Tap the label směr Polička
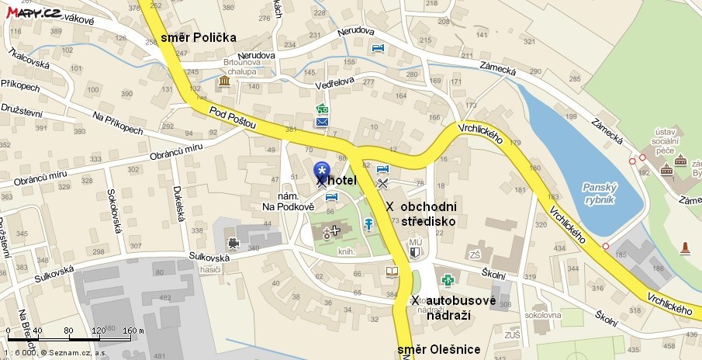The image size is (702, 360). pyautogui.click(x=198, y=37)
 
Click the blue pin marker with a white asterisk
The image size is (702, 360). pyautogui.click(x=321, y=170)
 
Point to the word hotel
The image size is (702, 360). pyautogui.click(x=342, y=180)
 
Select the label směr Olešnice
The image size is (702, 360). pyautogui.click(x=438, y=350)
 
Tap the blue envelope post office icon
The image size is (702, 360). pyautogui.click(x=322, y=122)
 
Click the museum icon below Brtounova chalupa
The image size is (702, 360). pyautogui.click(x=223, y=81)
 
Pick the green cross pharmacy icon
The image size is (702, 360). pyautogui.click(x=447, y=280)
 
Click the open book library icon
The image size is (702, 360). pyautogui.click(x=392, y=272)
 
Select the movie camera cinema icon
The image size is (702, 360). pyautogui.click(x=233, y=243)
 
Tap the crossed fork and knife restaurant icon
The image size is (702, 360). pyautogui.click(x=382, y=184)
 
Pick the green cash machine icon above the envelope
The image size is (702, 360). pyautogui.click(x=322, y=109)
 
